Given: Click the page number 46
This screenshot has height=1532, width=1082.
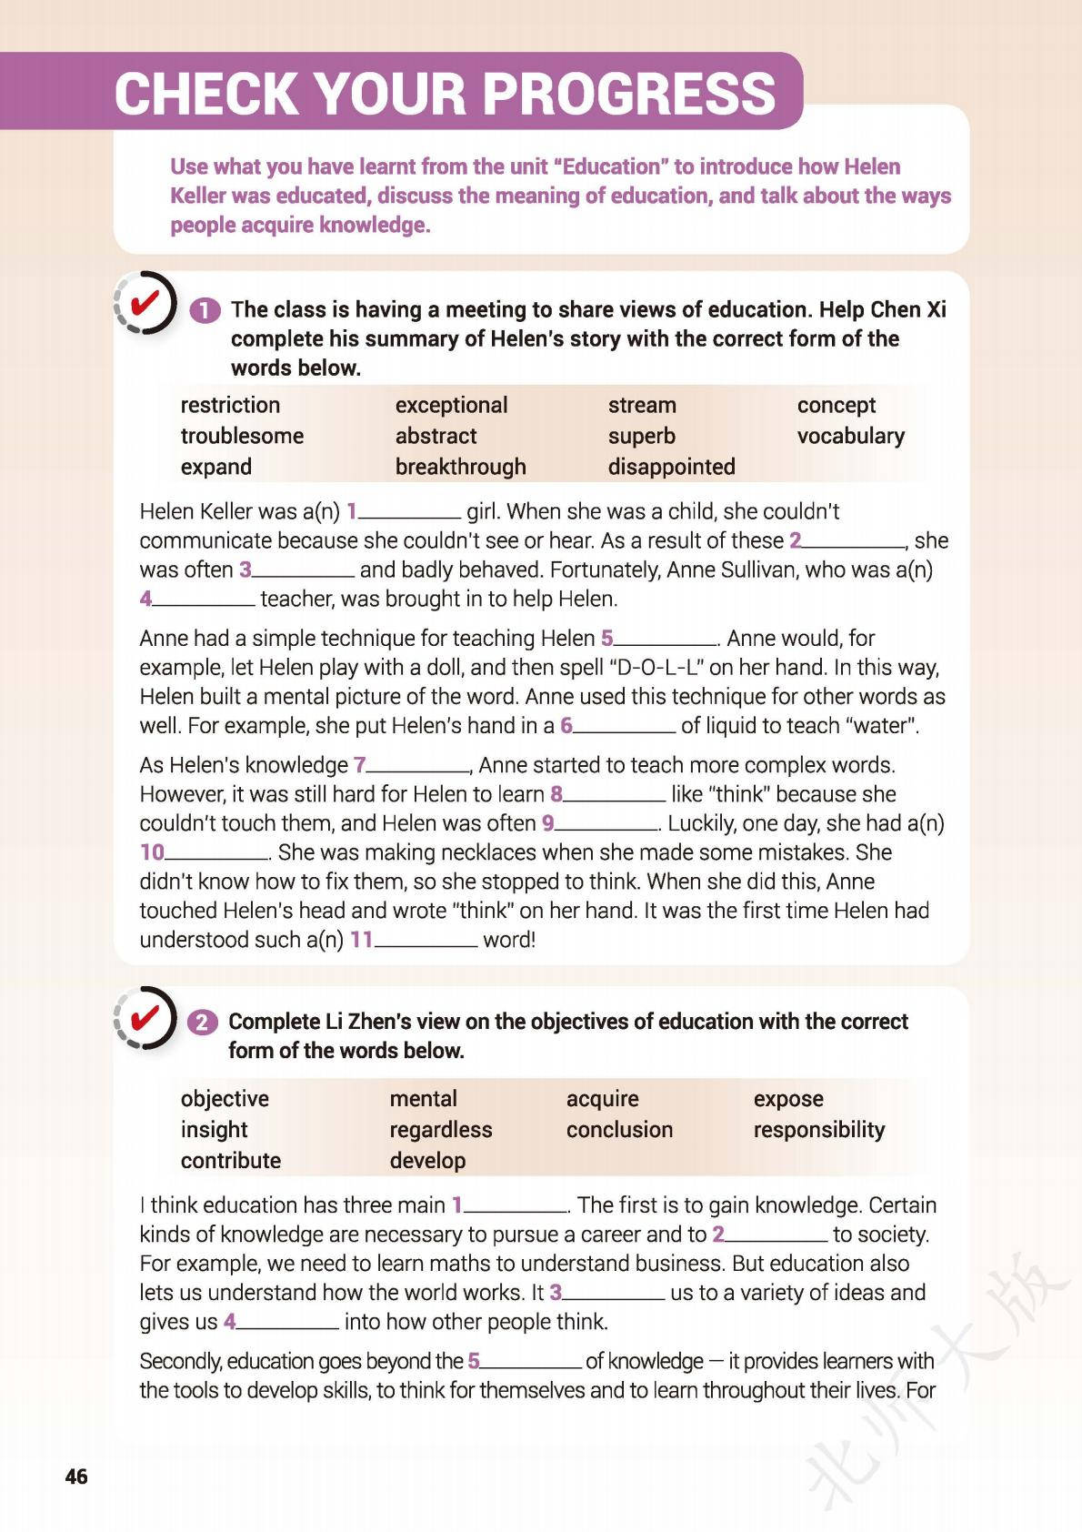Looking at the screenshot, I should coord(76,1476).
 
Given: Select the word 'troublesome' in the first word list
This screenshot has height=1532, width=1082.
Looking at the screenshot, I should coord(242,436).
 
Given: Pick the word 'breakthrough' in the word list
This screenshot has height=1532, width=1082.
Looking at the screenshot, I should coord(460,467).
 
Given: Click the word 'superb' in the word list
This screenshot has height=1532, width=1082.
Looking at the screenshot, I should coord(641,436).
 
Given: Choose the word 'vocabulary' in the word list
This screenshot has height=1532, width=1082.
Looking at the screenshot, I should coord(850,436).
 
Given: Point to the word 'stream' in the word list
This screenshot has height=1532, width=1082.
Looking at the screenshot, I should coord(641,405).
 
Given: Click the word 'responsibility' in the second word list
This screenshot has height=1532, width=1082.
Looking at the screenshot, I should coord(818,1129).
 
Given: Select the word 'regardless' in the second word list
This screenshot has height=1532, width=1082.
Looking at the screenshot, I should coord(440,1129).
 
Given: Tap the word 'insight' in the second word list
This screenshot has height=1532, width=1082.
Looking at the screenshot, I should coord(214,1129).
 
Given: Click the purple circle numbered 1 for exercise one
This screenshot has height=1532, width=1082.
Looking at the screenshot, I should coord(205,311).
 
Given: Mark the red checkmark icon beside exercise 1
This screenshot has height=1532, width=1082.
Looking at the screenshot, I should coord(145,303).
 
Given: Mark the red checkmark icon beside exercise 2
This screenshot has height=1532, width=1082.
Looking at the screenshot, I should coord(145,1017).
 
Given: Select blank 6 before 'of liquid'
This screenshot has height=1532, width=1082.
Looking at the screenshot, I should coord(625,727).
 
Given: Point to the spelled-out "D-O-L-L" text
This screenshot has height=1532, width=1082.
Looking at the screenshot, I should coord(656,668).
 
